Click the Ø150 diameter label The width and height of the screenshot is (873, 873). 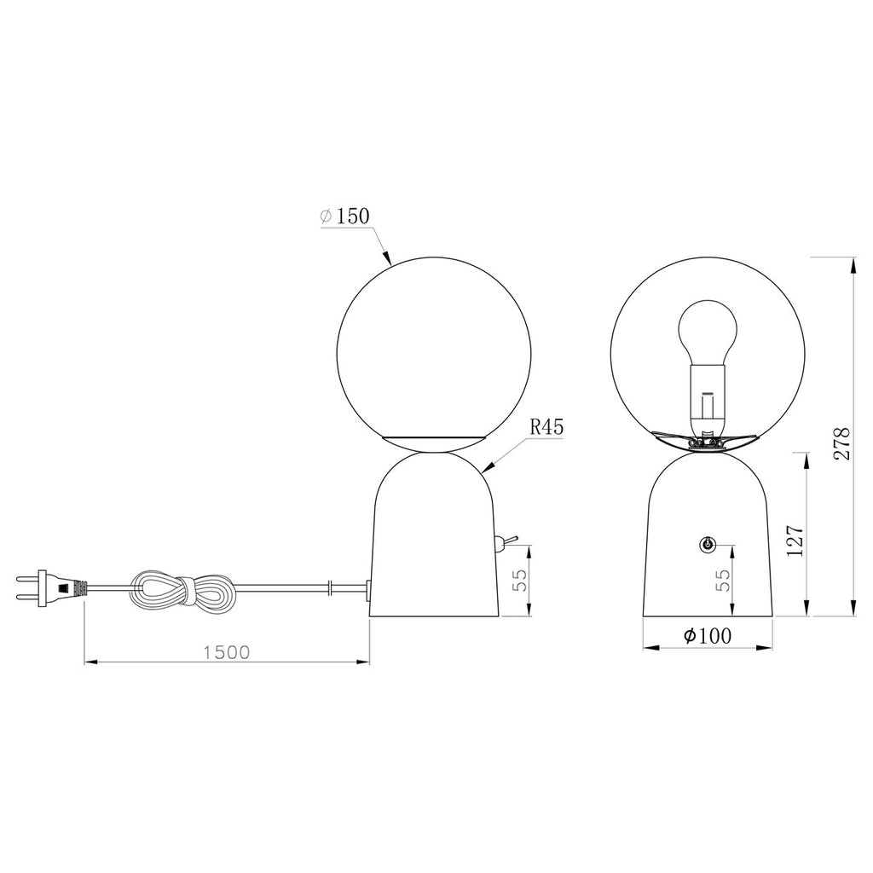(345, 216)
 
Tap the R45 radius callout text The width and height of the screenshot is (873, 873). (546, 427)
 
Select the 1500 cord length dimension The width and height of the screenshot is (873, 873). (227, 652)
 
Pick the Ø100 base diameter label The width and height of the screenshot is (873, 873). (708, 635)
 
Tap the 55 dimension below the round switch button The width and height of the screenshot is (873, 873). (721, 581)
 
